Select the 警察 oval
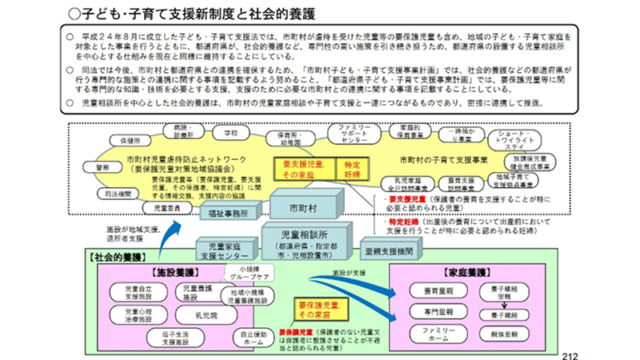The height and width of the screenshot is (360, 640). click(x=103, y=167)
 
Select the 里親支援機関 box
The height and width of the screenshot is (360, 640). click(x=386, y=251)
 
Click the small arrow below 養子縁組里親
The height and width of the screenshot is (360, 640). click(x=507, y=305)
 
